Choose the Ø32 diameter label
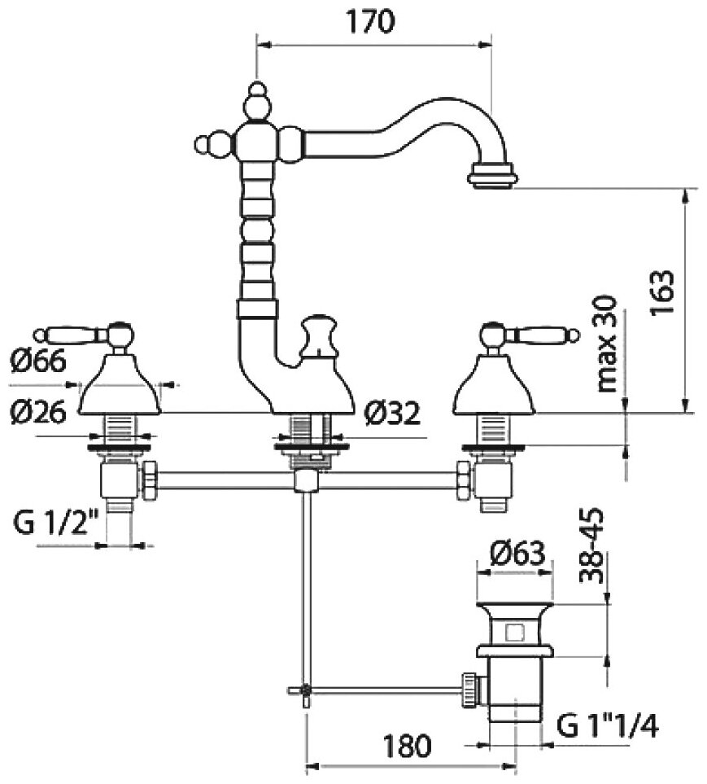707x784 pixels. [x=392, y=414]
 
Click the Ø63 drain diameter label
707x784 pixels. [x=517, y=554]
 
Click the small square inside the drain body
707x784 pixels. [x=514, y=632]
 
